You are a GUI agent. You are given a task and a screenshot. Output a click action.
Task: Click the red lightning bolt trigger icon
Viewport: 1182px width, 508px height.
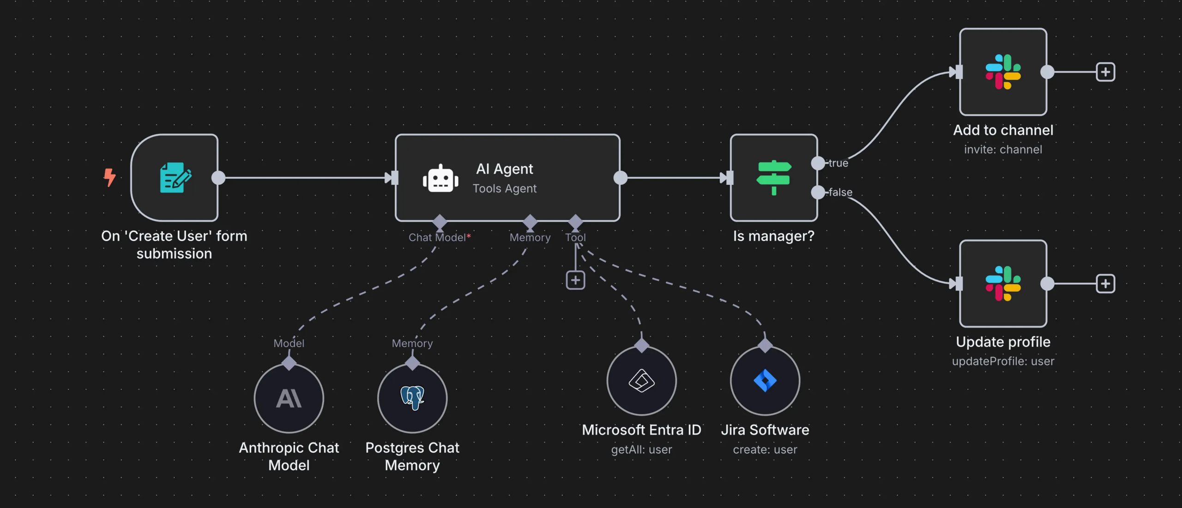tap(109, 177)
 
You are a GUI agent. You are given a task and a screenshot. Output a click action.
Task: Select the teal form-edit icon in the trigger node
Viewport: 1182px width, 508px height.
tap(175, 177)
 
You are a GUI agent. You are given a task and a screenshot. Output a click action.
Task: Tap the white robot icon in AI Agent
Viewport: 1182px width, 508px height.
tap(440, 179)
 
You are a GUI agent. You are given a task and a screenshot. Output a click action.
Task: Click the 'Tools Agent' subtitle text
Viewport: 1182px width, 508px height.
tap(504, 188)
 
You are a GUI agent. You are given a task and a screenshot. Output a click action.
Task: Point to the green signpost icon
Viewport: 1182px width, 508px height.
tap(774, 177)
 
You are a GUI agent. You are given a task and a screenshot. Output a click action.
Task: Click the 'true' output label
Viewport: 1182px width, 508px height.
tap(838, 163)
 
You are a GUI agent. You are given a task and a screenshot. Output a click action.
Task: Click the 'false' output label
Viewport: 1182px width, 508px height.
tap(840, 192)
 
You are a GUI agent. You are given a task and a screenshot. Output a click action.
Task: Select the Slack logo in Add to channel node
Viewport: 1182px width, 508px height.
tap(1003, 72)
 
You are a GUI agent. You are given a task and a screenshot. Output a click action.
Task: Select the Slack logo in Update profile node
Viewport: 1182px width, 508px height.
tap(1003, 283)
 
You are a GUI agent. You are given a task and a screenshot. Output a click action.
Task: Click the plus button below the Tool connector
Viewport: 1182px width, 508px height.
tap(575, 280)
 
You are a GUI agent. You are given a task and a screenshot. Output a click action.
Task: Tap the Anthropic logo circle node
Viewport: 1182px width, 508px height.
tap(289, 398)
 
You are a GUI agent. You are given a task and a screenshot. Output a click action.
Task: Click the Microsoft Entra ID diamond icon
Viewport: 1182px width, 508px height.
tap(641, 381)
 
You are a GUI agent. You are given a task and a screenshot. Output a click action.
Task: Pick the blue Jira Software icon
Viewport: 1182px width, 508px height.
tap(765, 381)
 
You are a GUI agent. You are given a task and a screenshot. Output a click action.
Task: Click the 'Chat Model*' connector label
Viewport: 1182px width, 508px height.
tap(439, 237)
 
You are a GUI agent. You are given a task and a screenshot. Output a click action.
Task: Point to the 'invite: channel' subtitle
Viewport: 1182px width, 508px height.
tap(1003, 150)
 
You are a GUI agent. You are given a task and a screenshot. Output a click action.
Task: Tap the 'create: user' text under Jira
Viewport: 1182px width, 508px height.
tap(765, 449)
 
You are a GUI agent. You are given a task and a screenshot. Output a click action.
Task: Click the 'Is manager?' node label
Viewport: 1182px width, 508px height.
tap(774, 236)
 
